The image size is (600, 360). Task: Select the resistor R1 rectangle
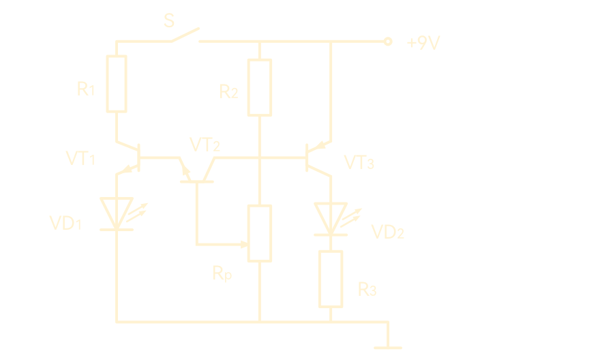(117, 84)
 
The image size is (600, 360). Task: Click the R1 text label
(85, 89)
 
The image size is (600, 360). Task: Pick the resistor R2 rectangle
(260, 87)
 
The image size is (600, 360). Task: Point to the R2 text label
(228, 92)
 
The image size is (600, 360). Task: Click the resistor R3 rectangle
(331, 278)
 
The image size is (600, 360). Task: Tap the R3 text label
(367, 289)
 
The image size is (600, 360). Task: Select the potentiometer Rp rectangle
(260, 232)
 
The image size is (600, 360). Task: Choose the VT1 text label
(80, 159)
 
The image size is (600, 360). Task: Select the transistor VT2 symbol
(197, 170)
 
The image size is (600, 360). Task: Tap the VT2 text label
(205, 145)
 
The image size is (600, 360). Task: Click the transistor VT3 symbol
(316, 157)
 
